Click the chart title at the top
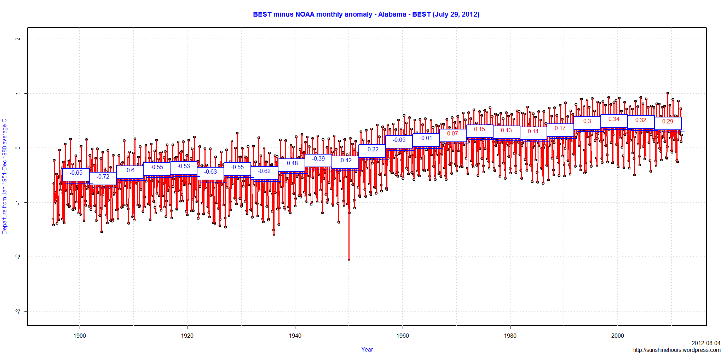point(366,14)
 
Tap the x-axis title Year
point(367,349)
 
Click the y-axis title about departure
point(5,176)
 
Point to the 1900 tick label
point(80,336)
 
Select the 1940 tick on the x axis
point(295,336)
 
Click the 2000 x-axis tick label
point(617,336)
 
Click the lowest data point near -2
point(349,260)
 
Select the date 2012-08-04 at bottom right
point(706,343)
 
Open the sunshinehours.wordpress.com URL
point(676,350)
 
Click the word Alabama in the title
point(392,14)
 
